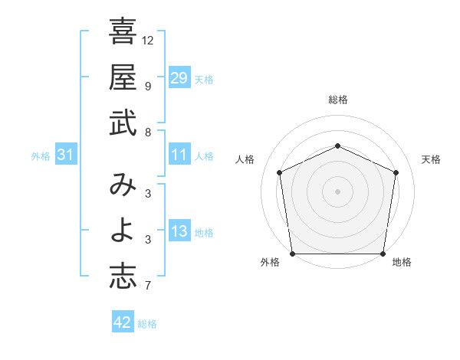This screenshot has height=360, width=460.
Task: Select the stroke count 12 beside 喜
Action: pos(149,40)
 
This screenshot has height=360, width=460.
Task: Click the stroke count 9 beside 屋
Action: pos(147,86)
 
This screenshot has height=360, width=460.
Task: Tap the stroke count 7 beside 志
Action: pos(147,286)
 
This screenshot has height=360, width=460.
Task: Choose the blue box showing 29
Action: pos(179,77)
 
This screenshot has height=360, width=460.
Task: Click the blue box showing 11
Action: pos(179,155)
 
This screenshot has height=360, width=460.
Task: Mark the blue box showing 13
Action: pos(179,232)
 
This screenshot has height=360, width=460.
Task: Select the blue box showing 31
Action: pos(66,155)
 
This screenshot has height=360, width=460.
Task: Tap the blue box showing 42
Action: pos(123,322)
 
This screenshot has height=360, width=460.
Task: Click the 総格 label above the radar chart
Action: pos(337,100)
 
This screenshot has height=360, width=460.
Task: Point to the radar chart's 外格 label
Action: pos(270,263)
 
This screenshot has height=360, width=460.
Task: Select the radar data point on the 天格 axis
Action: pos(396,172)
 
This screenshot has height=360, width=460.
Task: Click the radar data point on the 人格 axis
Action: pos(280,172)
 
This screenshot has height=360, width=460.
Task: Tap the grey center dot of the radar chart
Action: pos(337,191)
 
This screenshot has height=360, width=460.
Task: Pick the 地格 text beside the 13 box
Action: pos(205,233)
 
